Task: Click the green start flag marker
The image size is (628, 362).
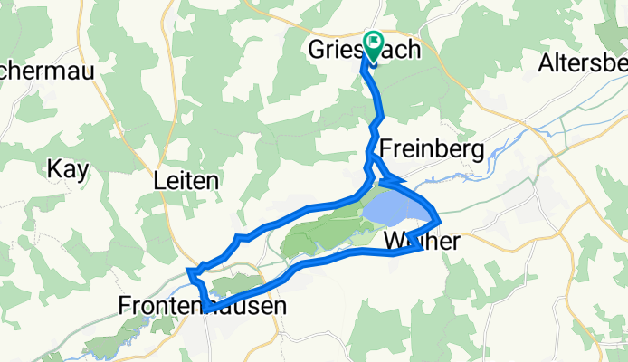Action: [373, 45]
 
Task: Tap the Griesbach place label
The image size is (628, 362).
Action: [366, 50]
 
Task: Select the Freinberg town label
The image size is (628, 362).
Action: [432, 148]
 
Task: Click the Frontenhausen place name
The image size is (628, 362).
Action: [203, 307]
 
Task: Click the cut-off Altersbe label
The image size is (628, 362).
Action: [582, 63]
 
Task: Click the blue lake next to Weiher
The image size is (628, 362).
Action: [395, 212]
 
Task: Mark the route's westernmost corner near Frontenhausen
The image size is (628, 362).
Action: [189, 270]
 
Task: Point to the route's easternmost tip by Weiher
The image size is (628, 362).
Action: [440, 220]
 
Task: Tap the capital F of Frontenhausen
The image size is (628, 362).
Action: [126, 307]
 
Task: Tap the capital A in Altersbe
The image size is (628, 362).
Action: [545, 63]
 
